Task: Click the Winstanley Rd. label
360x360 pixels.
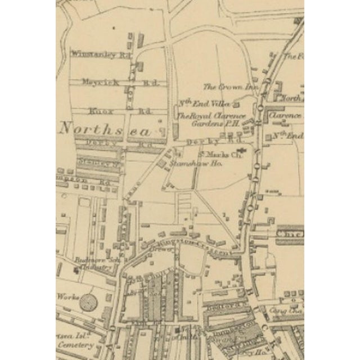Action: [93, 55]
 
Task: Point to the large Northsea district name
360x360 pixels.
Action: [106, 129]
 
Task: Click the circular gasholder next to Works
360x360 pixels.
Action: [88, 303]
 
